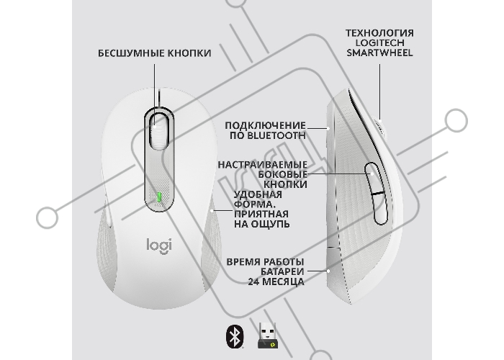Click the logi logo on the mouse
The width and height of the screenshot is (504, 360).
(x=159, y=246)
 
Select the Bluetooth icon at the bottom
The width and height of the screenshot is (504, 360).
(x=235, y=336)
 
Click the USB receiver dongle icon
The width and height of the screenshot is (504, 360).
(x=267, y=336)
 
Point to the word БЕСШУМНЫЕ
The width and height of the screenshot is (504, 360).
(x=127, y=53)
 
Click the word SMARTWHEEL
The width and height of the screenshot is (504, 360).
(x=379, y=53)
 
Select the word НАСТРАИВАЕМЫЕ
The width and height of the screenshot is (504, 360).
(x=263, y=165)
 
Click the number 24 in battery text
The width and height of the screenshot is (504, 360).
(x=253, y=282)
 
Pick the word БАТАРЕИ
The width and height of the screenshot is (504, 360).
(x=282, y=272)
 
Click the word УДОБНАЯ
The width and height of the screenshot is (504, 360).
(x=258, y=195)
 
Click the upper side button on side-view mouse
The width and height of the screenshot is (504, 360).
(x=373, y=179)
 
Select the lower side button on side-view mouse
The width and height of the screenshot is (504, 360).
(x=380, y=209)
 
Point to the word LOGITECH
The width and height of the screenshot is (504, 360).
(x=379, y=43)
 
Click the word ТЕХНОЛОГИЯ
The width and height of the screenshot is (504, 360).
(x=379, y=33)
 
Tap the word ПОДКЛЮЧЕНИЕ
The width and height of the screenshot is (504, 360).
(x=265, y=125)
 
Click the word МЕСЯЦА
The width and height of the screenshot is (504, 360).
(x=283, y=282)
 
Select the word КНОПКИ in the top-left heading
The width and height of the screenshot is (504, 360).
(x=185, y=53)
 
